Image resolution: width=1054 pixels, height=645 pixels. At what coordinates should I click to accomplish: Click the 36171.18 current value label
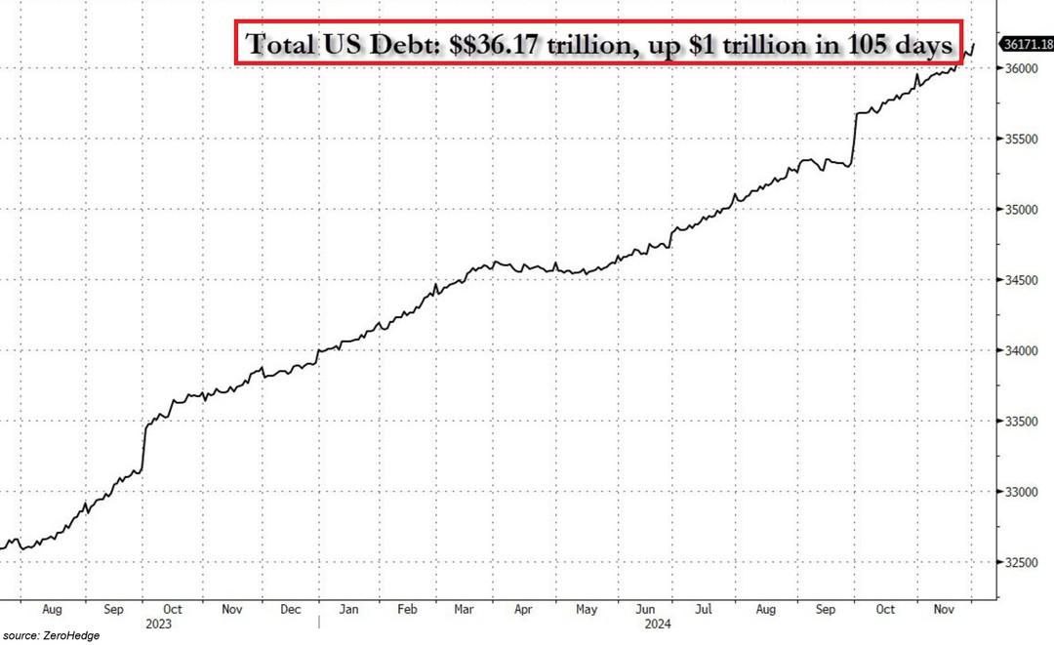[1029, 44]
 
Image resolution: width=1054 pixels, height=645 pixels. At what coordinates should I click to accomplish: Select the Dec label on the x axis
[291, 609]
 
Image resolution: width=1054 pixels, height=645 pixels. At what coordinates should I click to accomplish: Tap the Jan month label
[349, 609]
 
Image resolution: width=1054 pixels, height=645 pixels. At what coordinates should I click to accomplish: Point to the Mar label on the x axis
[465, 609]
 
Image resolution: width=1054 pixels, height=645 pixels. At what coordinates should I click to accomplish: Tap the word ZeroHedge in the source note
[74, 635]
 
